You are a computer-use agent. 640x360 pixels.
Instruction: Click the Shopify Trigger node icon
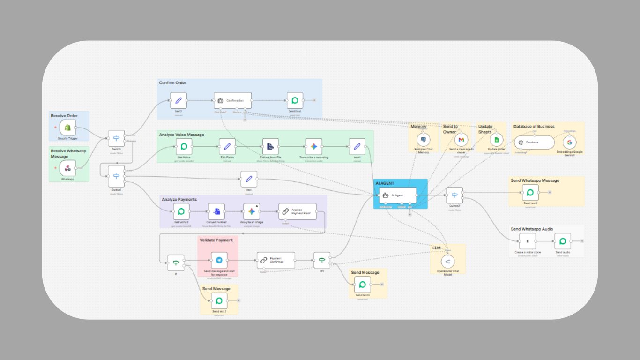[x=67, y=127]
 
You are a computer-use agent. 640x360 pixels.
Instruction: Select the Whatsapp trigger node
[x=67, y=168]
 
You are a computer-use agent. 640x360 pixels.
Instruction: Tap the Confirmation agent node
[x=232, y=100]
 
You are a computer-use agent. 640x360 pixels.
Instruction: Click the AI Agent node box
[x=397, y=195]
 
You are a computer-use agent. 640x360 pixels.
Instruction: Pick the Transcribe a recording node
[x=313, y=147]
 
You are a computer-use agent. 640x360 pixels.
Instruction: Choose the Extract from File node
[x=270, y=147]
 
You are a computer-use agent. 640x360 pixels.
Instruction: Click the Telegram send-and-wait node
[x=219, y=260]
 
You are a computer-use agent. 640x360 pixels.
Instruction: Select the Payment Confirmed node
[x=276, y=260]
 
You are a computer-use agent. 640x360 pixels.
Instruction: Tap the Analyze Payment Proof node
[x=298, y=211]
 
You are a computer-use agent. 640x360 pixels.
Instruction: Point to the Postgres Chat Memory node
[x=424, y=140]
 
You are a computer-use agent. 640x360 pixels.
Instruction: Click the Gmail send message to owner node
[x=461, y=140]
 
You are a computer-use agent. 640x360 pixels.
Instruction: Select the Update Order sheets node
[x=496, y=140]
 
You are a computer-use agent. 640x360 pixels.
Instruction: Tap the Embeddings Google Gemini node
[x=569, y=142]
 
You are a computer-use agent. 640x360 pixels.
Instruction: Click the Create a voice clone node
[x=527, y=241]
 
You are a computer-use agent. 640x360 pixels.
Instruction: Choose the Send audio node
[x=563, y=241]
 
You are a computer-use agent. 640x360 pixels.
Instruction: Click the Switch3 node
[x=454, y=195]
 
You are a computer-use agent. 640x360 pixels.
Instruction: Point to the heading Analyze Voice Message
[x=181, y=135]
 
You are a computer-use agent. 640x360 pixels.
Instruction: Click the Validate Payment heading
[x=216, y=240]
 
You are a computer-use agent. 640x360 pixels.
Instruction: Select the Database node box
[x=534, y=142]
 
